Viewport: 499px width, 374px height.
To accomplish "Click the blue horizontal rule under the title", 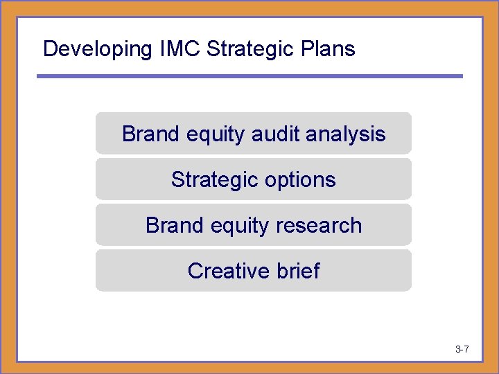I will point(249,76).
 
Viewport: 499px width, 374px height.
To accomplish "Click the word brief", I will point(298,270).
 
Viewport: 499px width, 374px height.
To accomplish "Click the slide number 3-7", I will point(462,349).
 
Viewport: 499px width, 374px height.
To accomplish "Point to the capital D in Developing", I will point(49,49).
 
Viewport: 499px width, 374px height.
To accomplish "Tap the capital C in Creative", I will point(195,270).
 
